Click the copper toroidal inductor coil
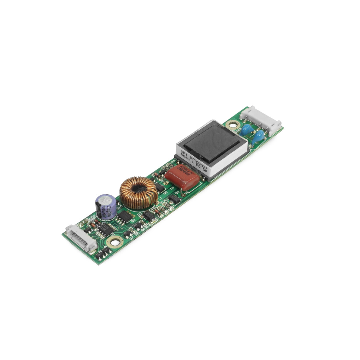pos(138,193)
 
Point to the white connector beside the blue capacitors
pos(261,120)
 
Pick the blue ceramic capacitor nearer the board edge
pos(258,138)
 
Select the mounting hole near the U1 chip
pos(115,241)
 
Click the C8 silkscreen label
pos(172,188)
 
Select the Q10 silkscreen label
pos(119,207)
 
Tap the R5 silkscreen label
pos(137,234)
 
